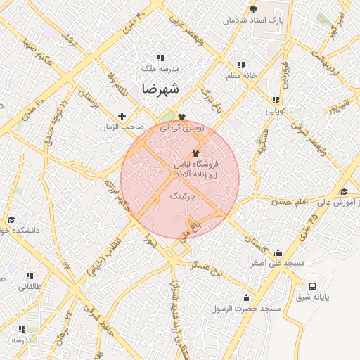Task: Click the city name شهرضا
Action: pyautogui.click(x=160, y=89)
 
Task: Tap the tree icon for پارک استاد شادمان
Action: pyautogui.click(x=253, y=9)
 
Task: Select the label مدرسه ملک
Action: pyautogui.click(x=161, y=69)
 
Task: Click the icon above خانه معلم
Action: pyautogui.click(x=243, y=65)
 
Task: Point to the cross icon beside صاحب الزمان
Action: pyautogui.click(x=122, y=116)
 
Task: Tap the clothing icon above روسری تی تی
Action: pyautogui.click(x=182, y=117)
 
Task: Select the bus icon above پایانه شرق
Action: pyautogui.click(x=312, y=286)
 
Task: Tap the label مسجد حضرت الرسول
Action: pyautogui.click(x=252, y=309)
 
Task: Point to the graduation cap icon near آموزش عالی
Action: pyautogui.click(x=344, y=191)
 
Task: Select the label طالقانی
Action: pyautogui.click(x=30, y=286)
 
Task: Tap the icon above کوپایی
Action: pyautogui.click(x=275, y=100)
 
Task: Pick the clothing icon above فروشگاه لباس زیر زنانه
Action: pyautogui.click(x=195, y=153)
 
